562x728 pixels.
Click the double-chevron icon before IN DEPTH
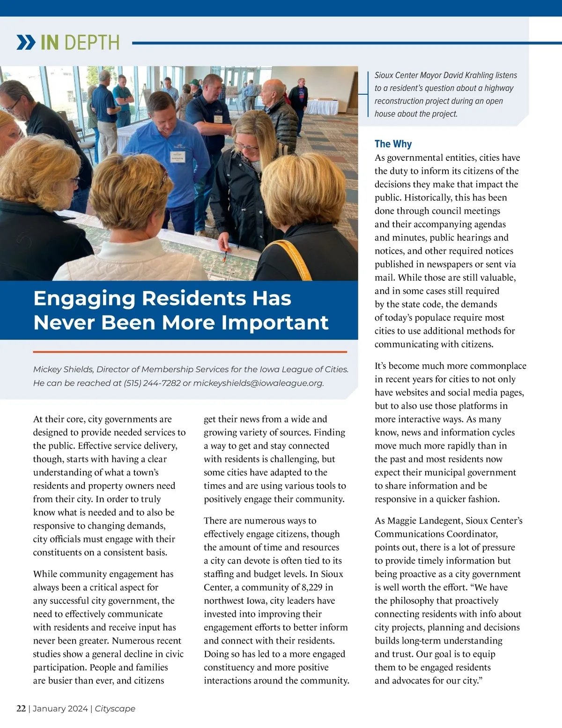pos(26,42)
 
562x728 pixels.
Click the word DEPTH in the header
pos(97,43)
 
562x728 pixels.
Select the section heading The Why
pos(393,144)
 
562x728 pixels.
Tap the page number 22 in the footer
pos(21,708)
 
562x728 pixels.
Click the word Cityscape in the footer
pos(115,708)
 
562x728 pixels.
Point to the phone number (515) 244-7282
pos(152,383)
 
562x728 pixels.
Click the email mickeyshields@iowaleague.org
pos(258,383)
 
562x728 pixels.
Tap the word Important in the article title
pos(274,323)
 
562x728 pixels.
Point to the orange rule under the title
pos(190,352)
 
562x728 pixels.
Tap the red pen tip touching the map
pos(225,257)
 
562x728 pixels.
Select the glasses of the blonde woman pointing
pos(247,147)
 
